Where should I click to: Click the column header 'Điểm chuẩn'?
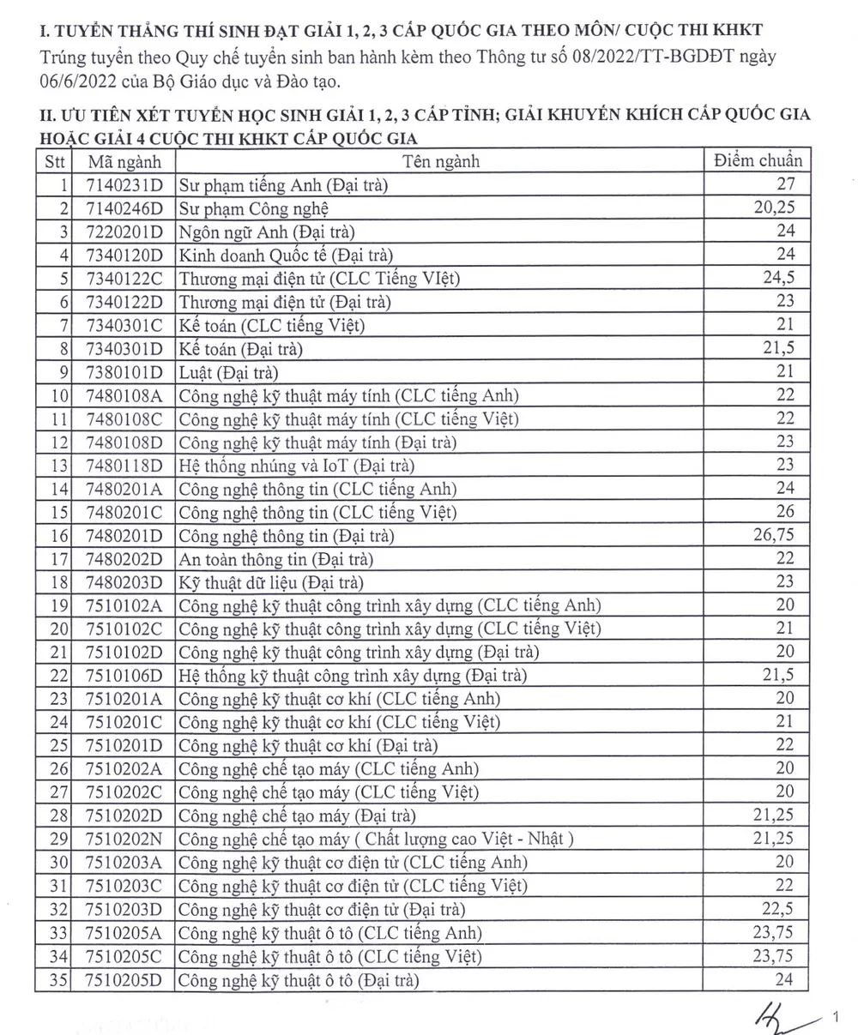(758, 160)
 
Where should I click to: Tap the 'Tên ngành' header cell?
(442, 161)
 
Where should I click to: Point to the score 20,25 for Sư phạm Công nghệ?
(776, 208)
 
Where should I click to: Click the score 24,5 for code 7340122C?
(778, 278)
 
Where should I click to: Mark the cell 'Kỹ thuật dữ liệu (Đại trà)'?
(271, 582)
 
